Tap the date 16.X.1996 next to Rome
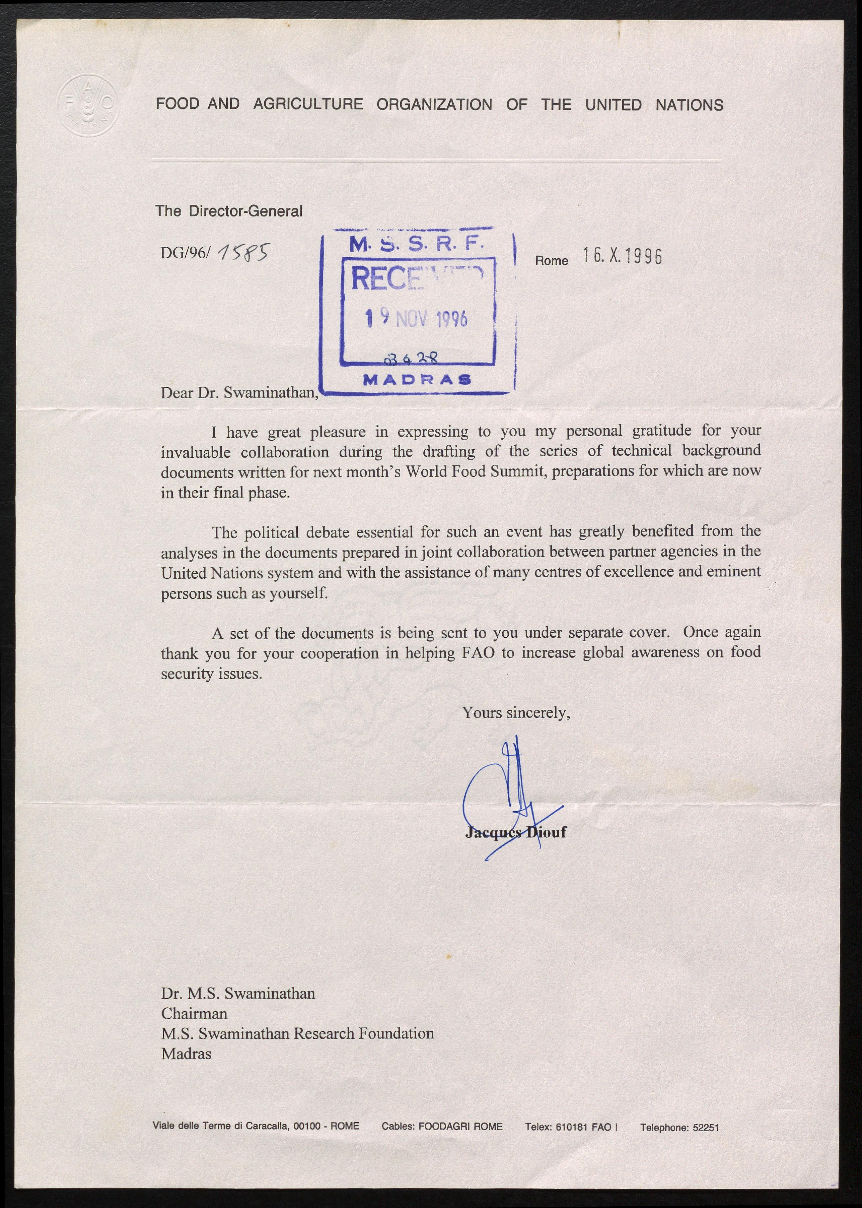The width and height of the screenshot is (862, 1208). pos(622,257)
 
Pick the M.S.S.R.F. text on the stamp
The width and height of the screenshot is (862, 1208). pos(416,244)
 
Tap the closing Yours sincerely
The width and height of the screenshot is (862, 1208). pos(516,713)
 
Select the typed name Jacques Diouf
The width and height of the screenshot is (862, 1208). pos(515,832)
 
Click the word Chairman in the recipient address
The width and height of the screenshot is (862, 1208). pos(194,1014)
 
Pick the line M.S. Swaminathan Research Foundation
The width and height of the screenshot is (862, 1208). pos(297,1033)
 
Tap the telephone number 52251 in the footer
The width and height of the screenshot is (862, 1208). pos(705,1127)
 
